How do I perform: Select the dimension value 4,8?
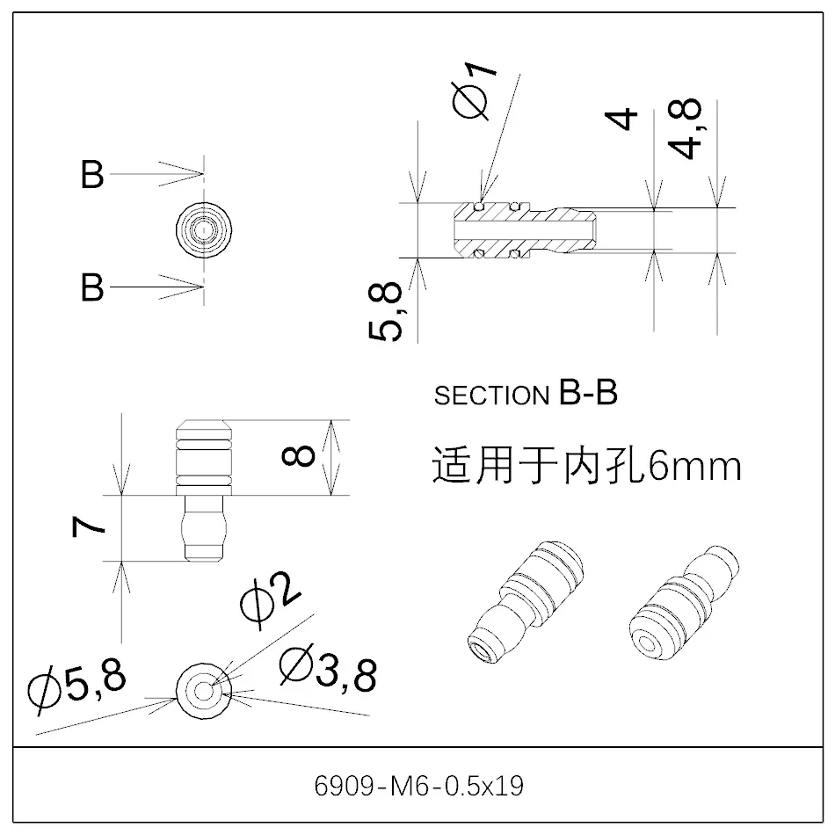point(688,128)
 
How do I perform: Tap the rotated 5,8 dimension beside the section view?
point(385,310)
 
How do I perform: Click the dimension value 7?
point(90,526)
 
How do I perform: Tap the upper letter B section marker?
point(92,175)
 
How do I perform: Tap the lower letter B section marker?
point(92,287)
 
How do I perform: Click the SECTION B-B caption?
point(526,395)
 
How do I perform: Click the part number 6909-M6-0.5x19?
point(418,785)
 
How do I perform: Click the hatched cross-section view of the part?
point(526,231)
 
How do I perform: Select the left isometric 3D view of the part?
point(523,605)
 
